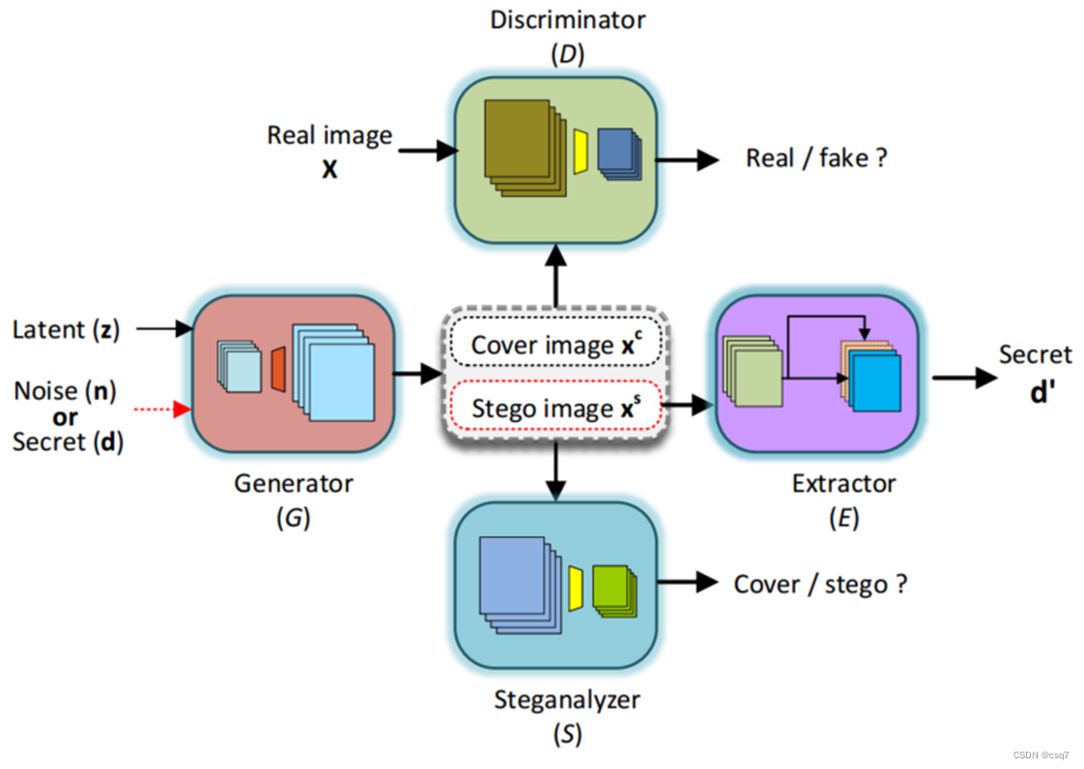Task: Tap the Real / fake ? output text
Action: click(815, 158)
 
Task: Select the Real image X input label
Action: click(329, 151)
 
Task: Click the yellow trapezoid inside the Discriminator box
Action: click(581, 151)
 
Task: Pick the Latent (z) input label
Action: click(66, 329)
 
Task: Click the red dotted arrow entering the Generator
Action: click(164, 411)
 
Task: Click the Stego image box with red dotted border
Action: click(556, 409)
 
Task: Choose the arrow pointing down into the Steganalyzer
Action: click(556, 473)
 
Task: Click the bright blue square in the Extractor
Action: click(877, 386)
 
